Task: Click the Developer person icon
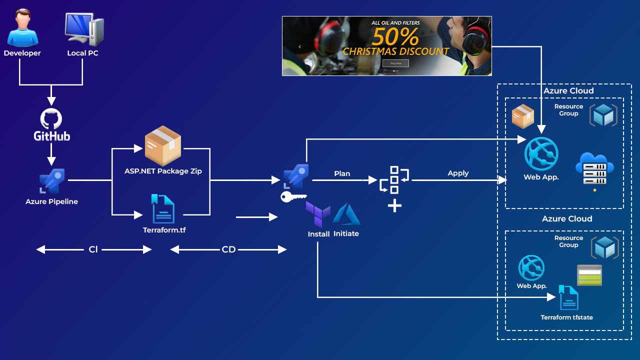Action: [22, 29]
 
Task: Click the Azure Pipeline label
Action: [51, 201]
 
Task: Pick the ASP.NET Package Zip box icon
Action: [162, 146]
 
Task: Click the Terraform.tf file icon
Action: [163, 208]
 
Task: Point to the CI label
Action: [93, 249]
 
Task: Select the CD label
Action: [228, 249]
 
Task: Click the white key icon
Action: [292, 197]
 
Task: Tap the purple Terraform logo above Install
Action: [318, 215]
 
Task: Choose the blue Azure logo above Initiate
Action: [346, 214]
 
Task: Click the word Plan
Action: [342, 173]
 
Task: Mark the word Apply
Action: [458, 173]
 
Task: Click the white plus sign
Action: [394, 205]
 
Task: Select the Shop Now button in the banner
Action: [395, 63]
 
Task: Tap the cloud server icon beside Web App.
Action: [594, 170]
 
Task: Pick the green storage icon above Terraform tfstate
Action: [589, 275]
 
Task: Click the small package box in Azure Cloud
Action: [523, 116]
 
